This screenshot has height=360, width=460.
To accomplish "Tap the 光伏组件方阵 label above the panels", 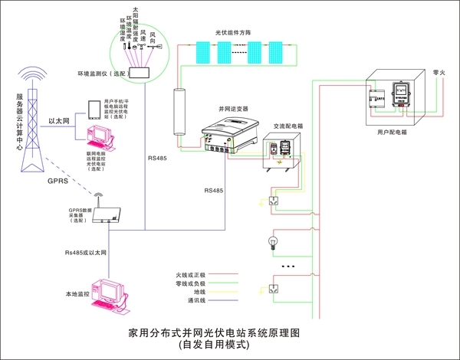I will (x=236, y=33).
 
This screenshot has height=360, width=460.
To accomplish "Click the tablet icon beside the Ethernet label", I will (x=92, y=109).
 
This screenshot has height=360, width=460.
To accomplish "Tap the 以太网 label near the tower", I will (x=60, y=121).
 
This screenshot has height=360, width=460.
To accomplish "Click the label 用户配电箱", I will (x=393, y=133).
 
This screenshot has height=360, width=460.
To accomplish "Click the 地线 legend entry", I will (x=198, y=292).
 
